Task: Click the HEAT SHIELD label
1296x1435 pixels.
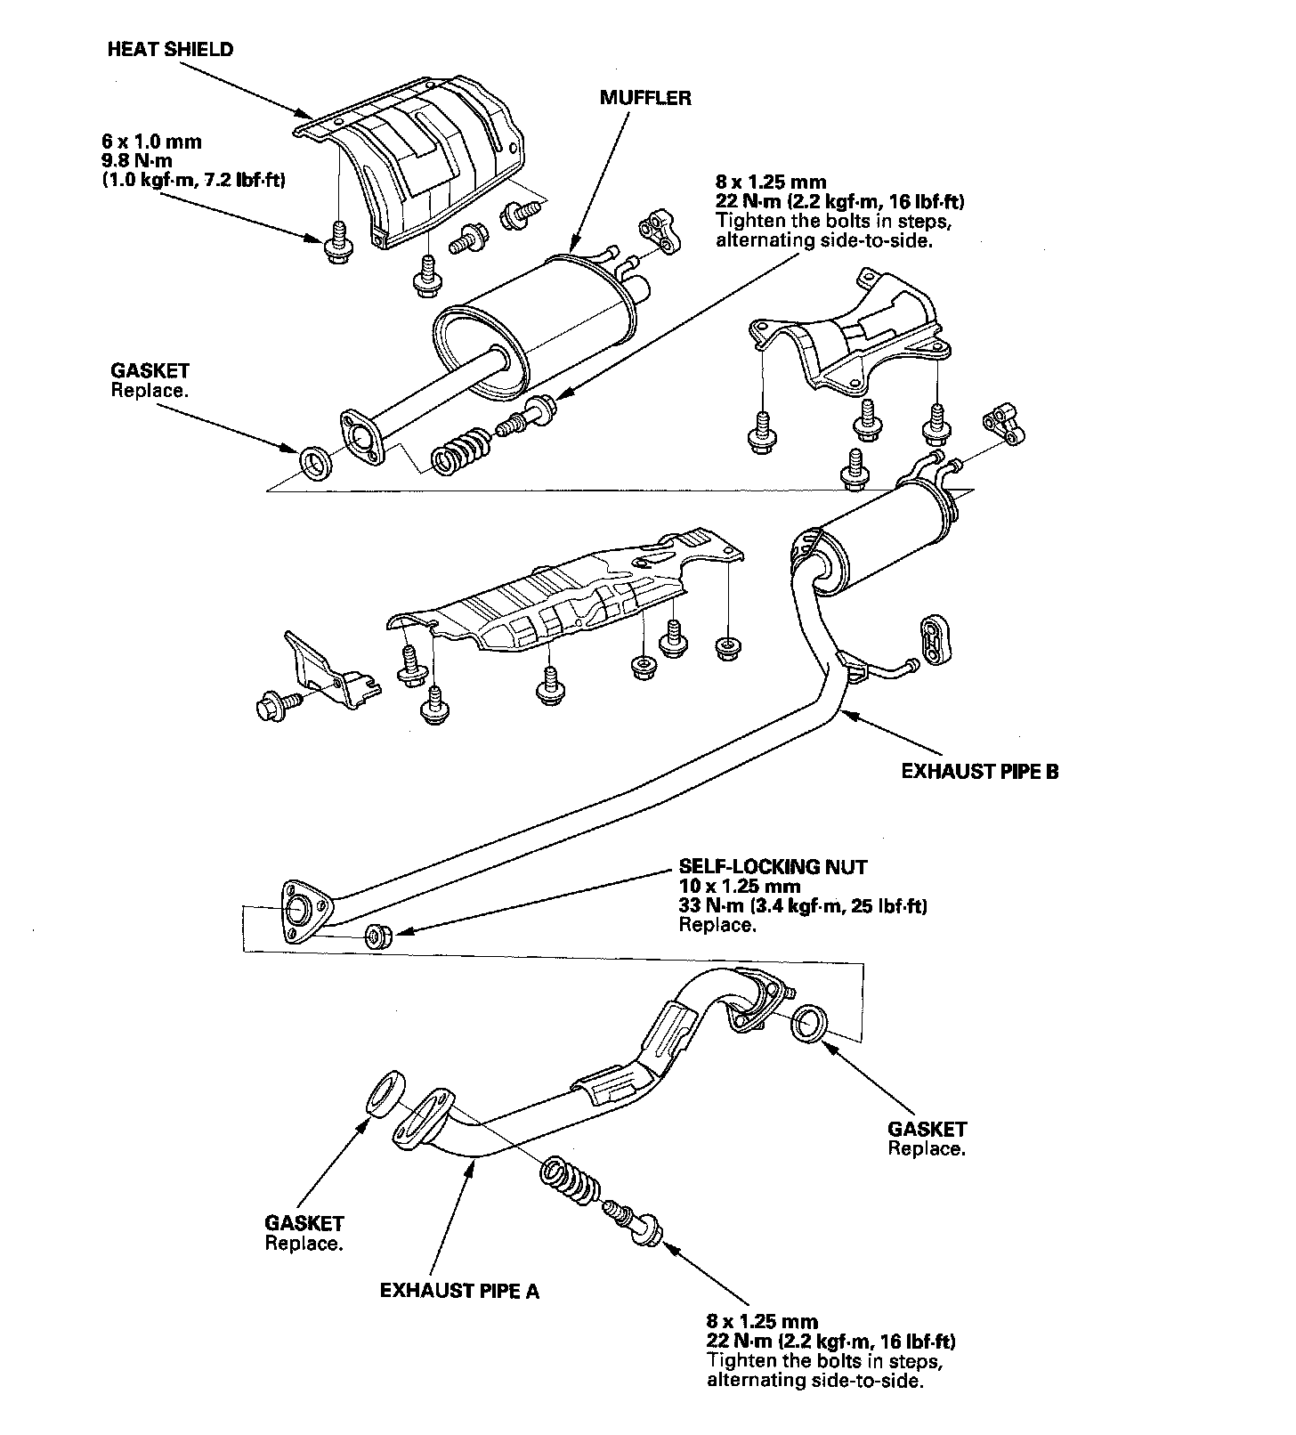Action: coord(170,49)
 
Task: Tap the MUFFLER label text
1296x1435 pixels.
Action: coord(644,98)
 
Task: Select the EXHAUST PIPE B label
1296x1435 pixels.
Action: coord(980,771)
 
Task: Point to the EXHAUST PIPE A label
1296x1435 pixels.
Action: coord(459,1290)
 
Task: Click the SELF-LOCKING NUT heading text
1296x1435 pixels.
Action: coord(773,866)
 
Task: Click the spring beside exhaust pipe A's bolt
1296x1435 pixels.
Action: coord(566,1180)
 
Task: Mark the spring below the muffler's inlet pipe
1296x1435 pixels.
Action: coord(459,449)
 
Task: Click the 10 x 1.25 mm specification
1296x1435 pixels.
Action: coord(739,887)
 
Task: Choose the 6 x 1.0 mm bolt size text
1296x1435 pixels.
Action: coord(151,141)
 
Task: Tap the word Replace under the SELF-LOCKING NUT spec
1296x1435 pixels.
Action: coord(717,926)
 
